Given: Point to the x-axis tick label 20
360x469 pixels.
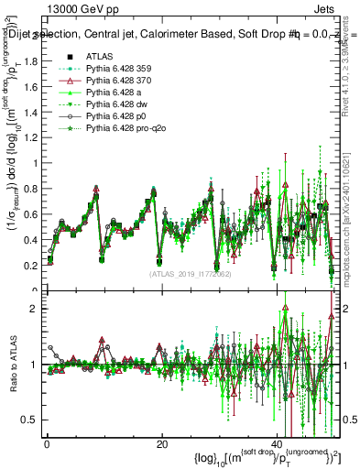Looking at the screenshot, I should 161,443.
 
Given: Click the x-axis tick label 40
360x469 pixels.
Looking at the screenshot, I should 276,443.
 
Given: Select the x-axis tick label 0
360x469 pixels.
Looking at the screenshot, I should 47,443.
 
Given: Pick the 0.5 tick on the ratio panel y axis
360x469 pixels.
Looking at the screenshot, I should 28,420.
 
